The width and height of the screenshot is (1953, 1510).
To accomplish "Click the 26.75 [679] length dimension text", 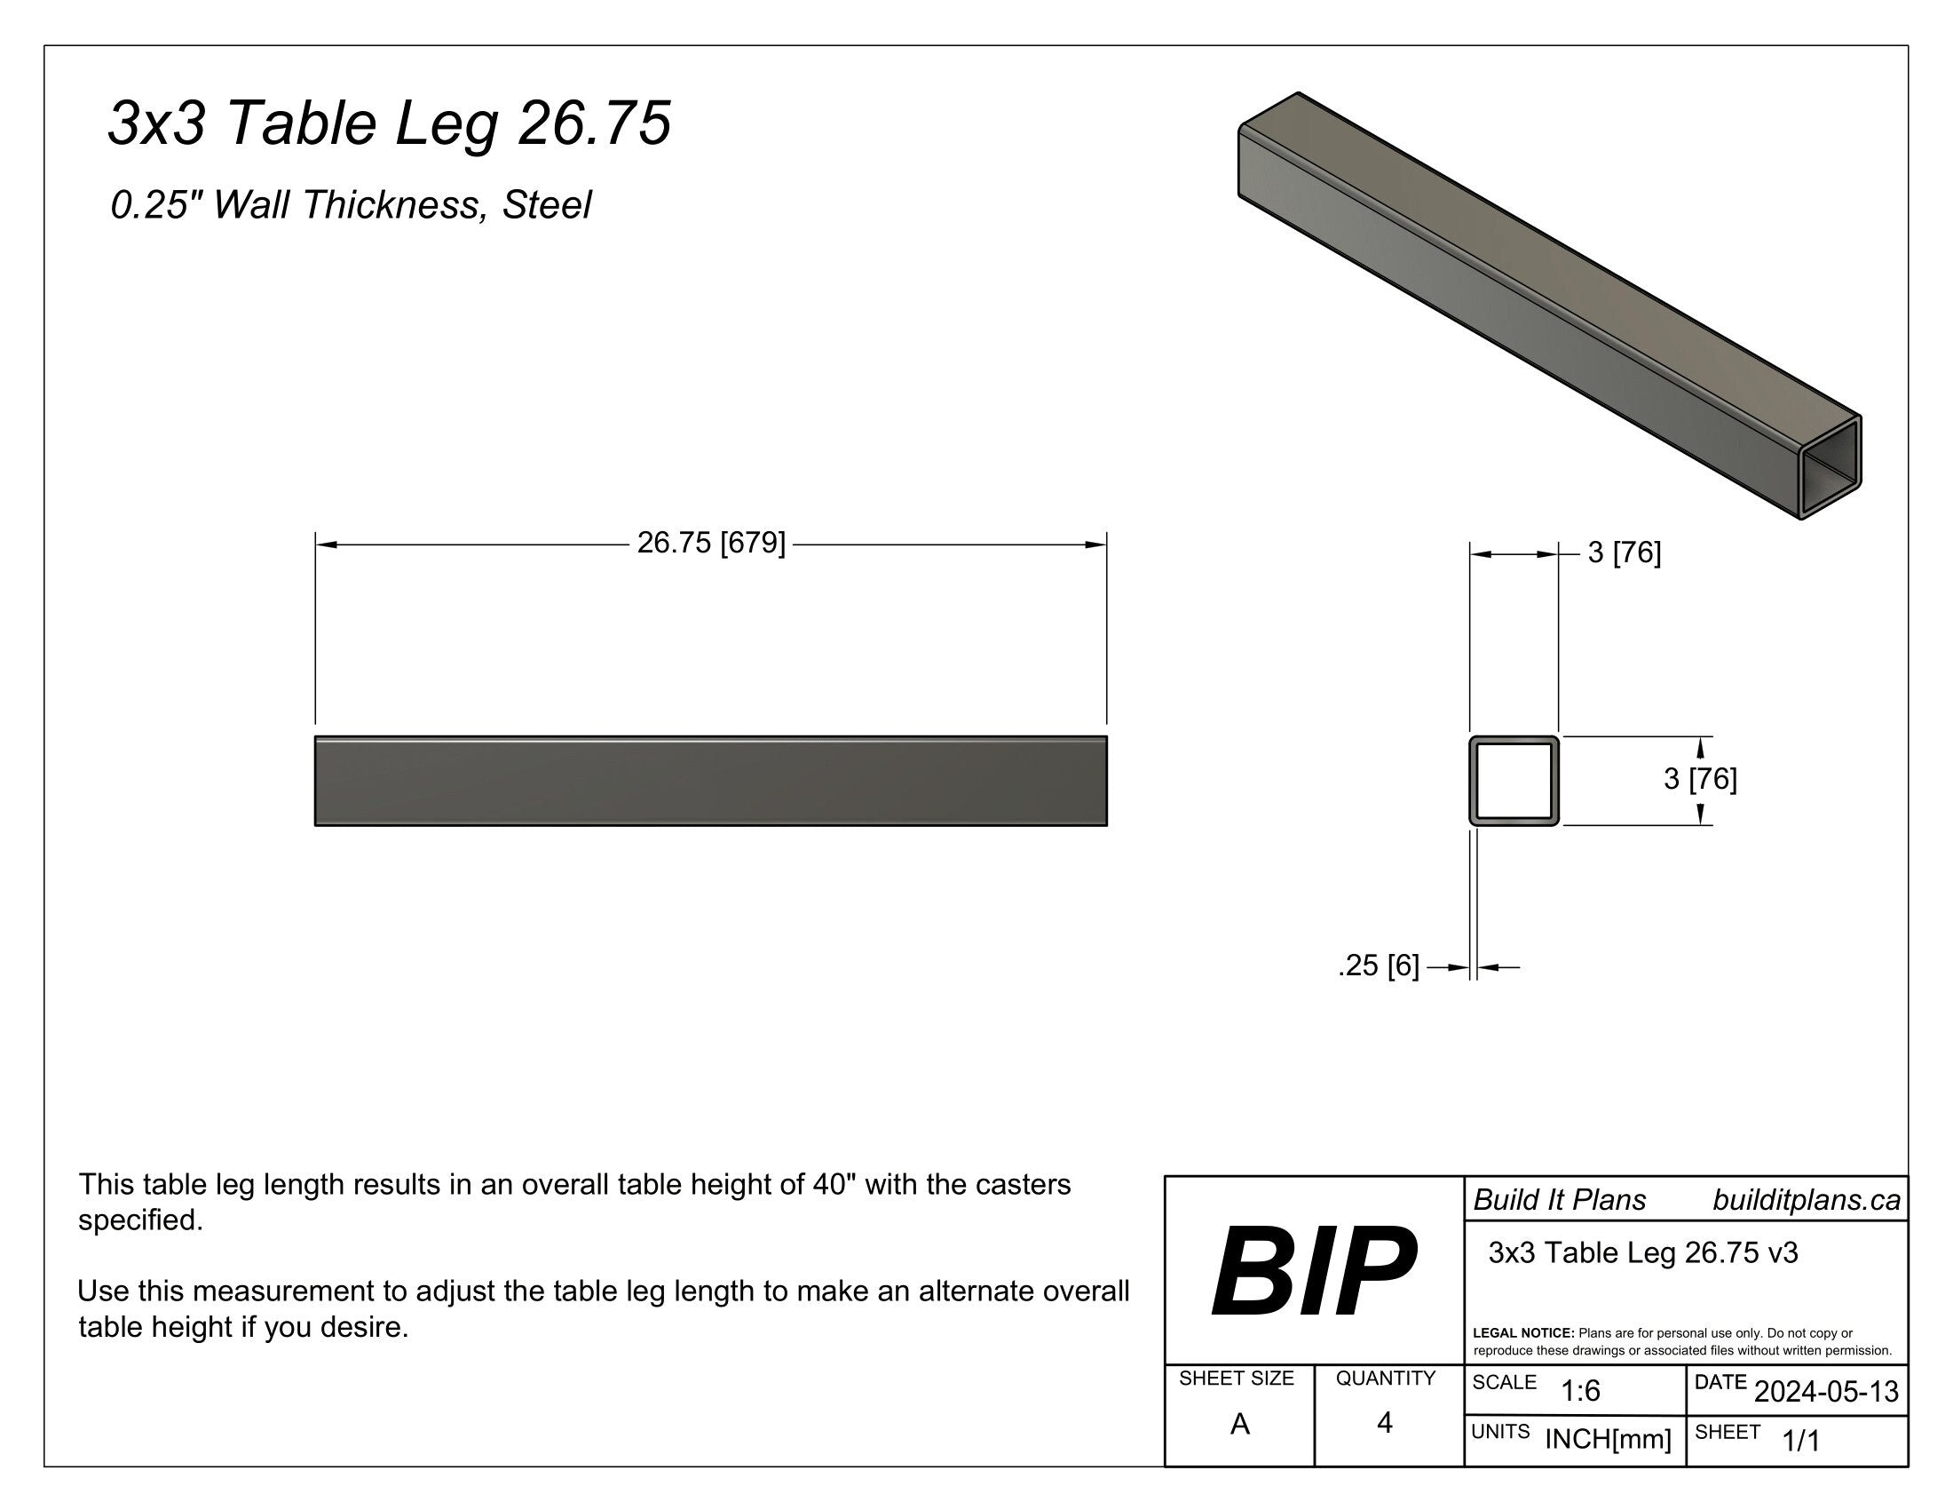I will point(711,543).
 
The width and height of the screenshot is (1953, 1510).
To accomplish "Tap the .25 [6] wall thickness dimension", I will point(1378,966).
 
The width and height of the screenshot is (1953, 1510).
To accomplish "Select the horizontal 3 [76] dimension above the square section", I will point(1624,553).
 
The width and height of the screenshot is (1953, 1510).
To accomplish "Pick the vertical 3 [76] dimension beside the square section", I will point(1699,779).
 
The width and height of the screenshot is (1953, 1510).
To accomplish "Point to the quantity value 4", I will point(1384,1422).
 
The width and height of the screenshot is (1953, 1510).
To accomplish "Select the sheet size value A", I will point(1239,1423).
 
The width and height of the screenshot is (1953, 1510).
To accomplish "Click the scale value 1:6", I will point(1580,1391).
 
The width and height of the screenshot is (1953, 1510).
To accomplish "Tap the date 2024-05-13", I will point(1826,1391).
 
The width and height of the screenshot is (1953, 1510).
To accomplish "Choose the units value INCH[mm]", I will point(1608,1439).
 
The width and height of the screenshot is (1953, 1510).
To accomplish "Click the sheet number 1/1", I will point(1801,1440).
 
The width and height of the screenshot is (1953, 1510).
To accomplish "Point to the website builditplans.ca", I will point(1806,1201).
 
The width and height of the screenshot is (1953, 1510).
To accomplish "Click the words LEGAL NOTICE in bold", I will point(1522,1333).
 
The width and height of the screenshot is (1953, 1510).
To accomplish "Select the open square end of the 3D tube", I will point(1830,467).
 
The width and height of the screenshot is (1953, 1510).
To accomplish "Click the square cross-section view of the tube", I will point(1514,780).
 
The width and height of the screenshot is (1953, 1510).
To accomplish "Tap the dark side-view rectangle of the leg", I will point(711,781).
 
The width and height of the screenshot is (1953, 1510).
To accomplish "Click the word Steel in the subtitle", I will point(546,205).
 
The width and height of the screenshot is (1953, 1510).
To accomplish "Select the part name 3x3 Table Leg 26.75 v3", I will point(1642,1252).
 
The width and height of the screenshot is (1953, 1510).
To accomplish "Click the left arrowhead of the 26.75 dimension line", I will point(327,544).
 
